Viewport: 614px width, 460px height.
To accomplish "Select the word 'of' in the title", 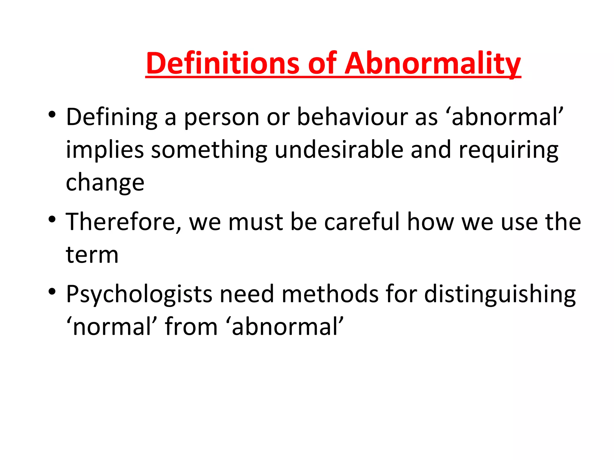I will [x=322, y=63].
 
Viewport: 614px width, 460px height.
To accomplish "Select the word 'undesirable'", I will [x=339, y=150].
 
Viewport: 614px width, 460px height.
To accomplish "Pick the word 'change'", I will [x=105, y=183].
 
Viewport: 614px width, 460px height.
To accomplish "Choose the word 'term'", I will [x=92, y=255].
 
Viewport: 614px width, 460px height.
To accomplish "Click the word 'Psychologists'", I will [x=139, y=294].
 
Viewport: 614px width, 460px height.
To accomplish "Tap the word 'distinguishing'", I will [x=500, y=294].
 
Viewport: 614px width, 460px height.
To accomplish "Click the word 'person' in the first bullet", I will [x=222, y=118].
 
